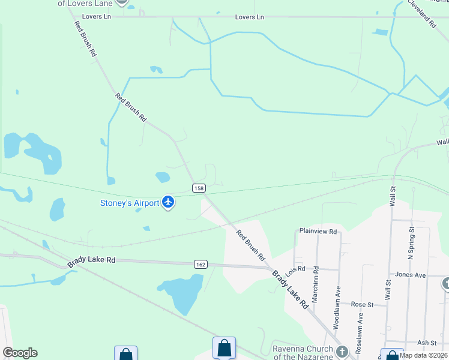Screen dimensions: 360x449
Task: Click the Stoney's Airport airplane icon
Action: point(168,202)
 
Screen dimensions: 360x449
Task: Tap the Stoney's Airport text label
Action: point(129,203)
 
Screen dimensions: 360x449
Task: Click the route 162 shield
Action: point(201,264)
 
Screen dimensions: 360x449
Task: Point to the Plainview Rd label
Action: point(318,231)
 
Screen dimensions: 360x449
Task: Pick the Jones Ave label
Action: point(410,275)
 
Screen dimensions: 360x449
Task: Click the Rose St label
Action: point(362,305)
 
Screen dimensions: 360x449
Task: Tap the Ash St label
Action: point(427,343)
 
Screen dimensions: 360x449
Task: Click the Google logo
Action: point(19,353)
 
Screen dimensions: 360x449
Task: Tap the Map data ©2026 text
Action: point(423,355)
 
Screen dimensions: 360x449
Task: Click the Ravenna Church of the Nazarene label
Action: point(303,353)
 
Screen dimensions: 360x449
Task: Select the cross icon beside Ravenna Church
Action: point(342,352)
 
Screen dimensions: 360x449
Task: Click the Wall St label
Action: point(392,196)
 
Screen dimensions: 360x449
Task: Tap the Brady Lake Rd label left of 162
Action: point(91,261)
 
